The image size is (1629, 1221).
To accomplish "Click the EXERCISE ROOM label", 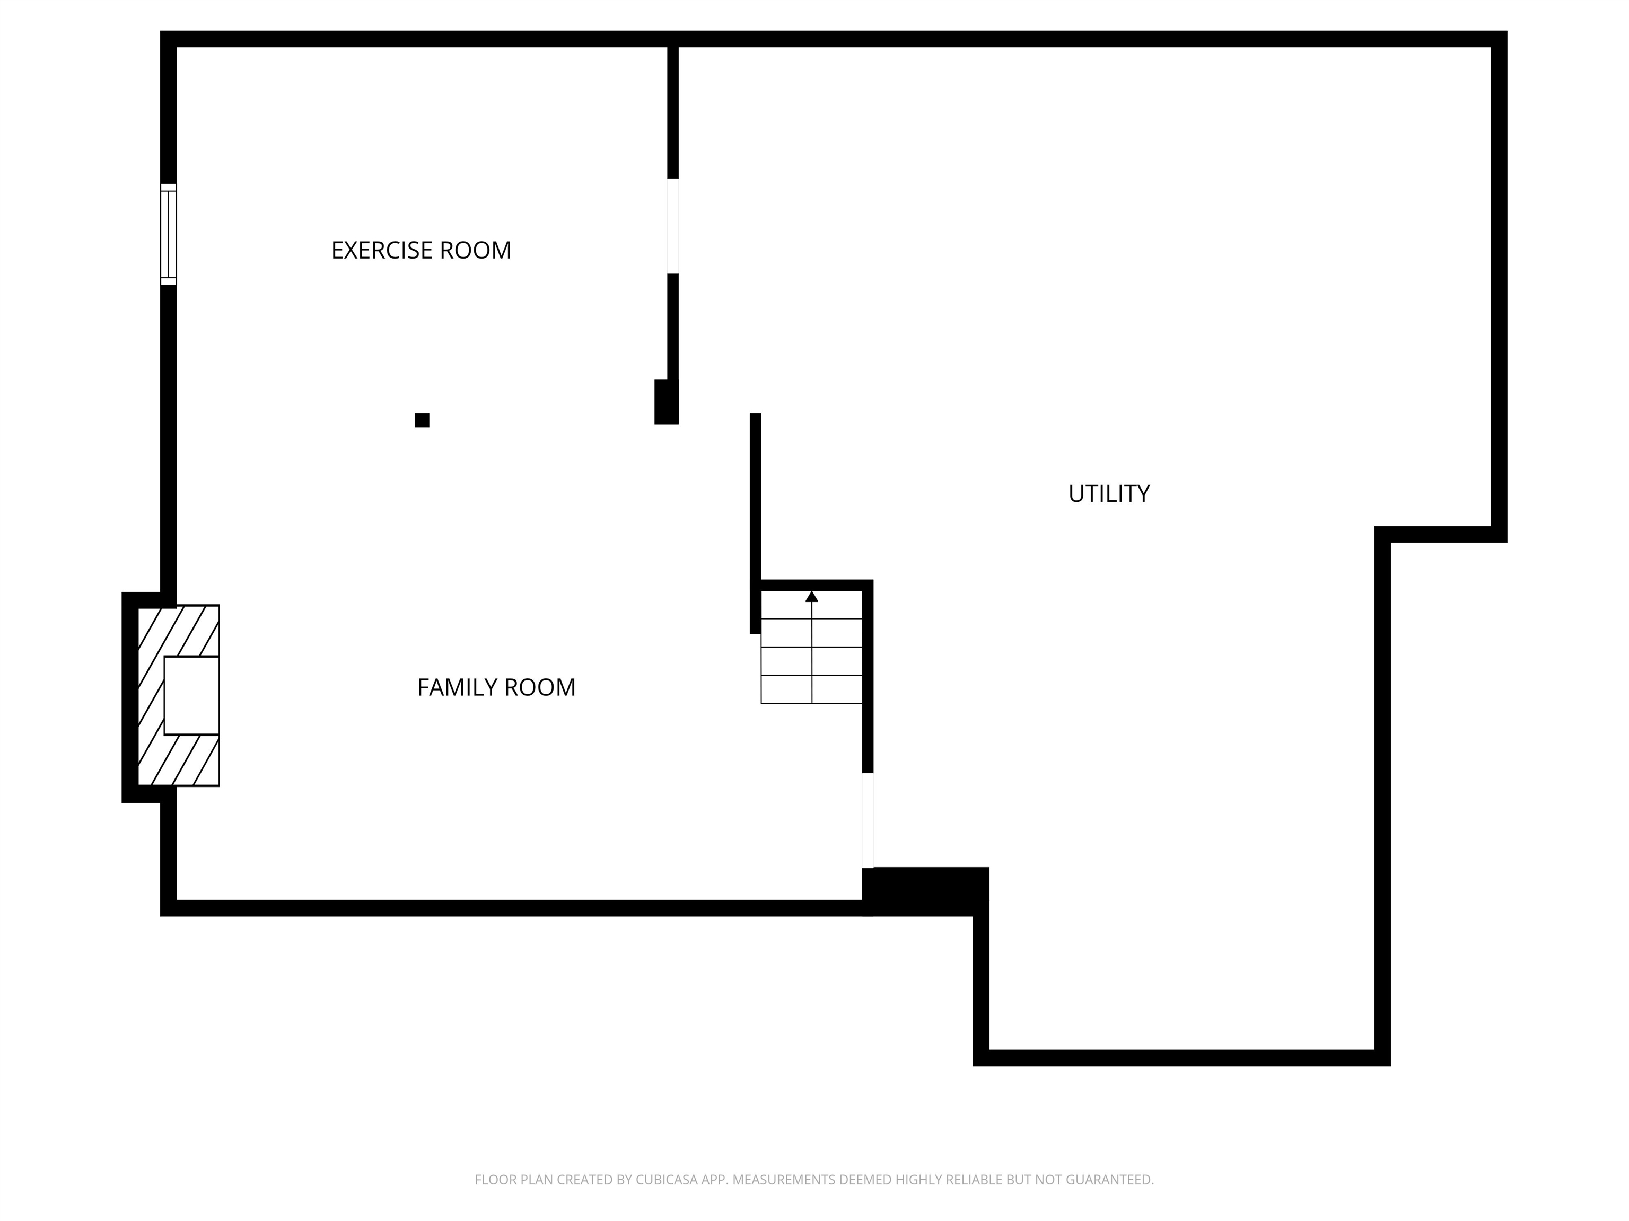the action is pos(421,250).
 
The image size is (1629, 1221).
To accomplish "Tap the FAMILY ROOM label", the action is pos(496,687).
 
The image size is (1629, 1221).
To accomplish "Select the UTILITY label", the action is pos(1109,494).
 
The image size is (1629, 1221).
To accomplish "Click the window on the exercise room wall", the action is pos(169,234).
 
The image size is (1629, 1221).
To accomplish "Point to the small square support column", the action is pos(422,420).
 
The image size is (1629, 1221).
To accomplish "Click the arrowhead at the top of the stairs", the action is pos(811,596).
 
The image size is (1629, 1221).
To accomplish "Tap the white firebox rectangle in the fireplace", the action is pos(191,695).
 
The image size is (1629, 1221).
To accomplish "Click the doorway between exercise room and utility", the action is pos(673,226).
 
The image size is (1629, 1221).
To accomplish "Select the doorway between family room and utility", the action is pos(868,820).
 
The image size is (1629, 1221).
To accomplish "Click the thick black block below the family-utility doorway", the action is pos(926,891).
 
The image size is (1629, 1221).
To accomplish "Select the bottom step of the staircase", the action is pos(811,689).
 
